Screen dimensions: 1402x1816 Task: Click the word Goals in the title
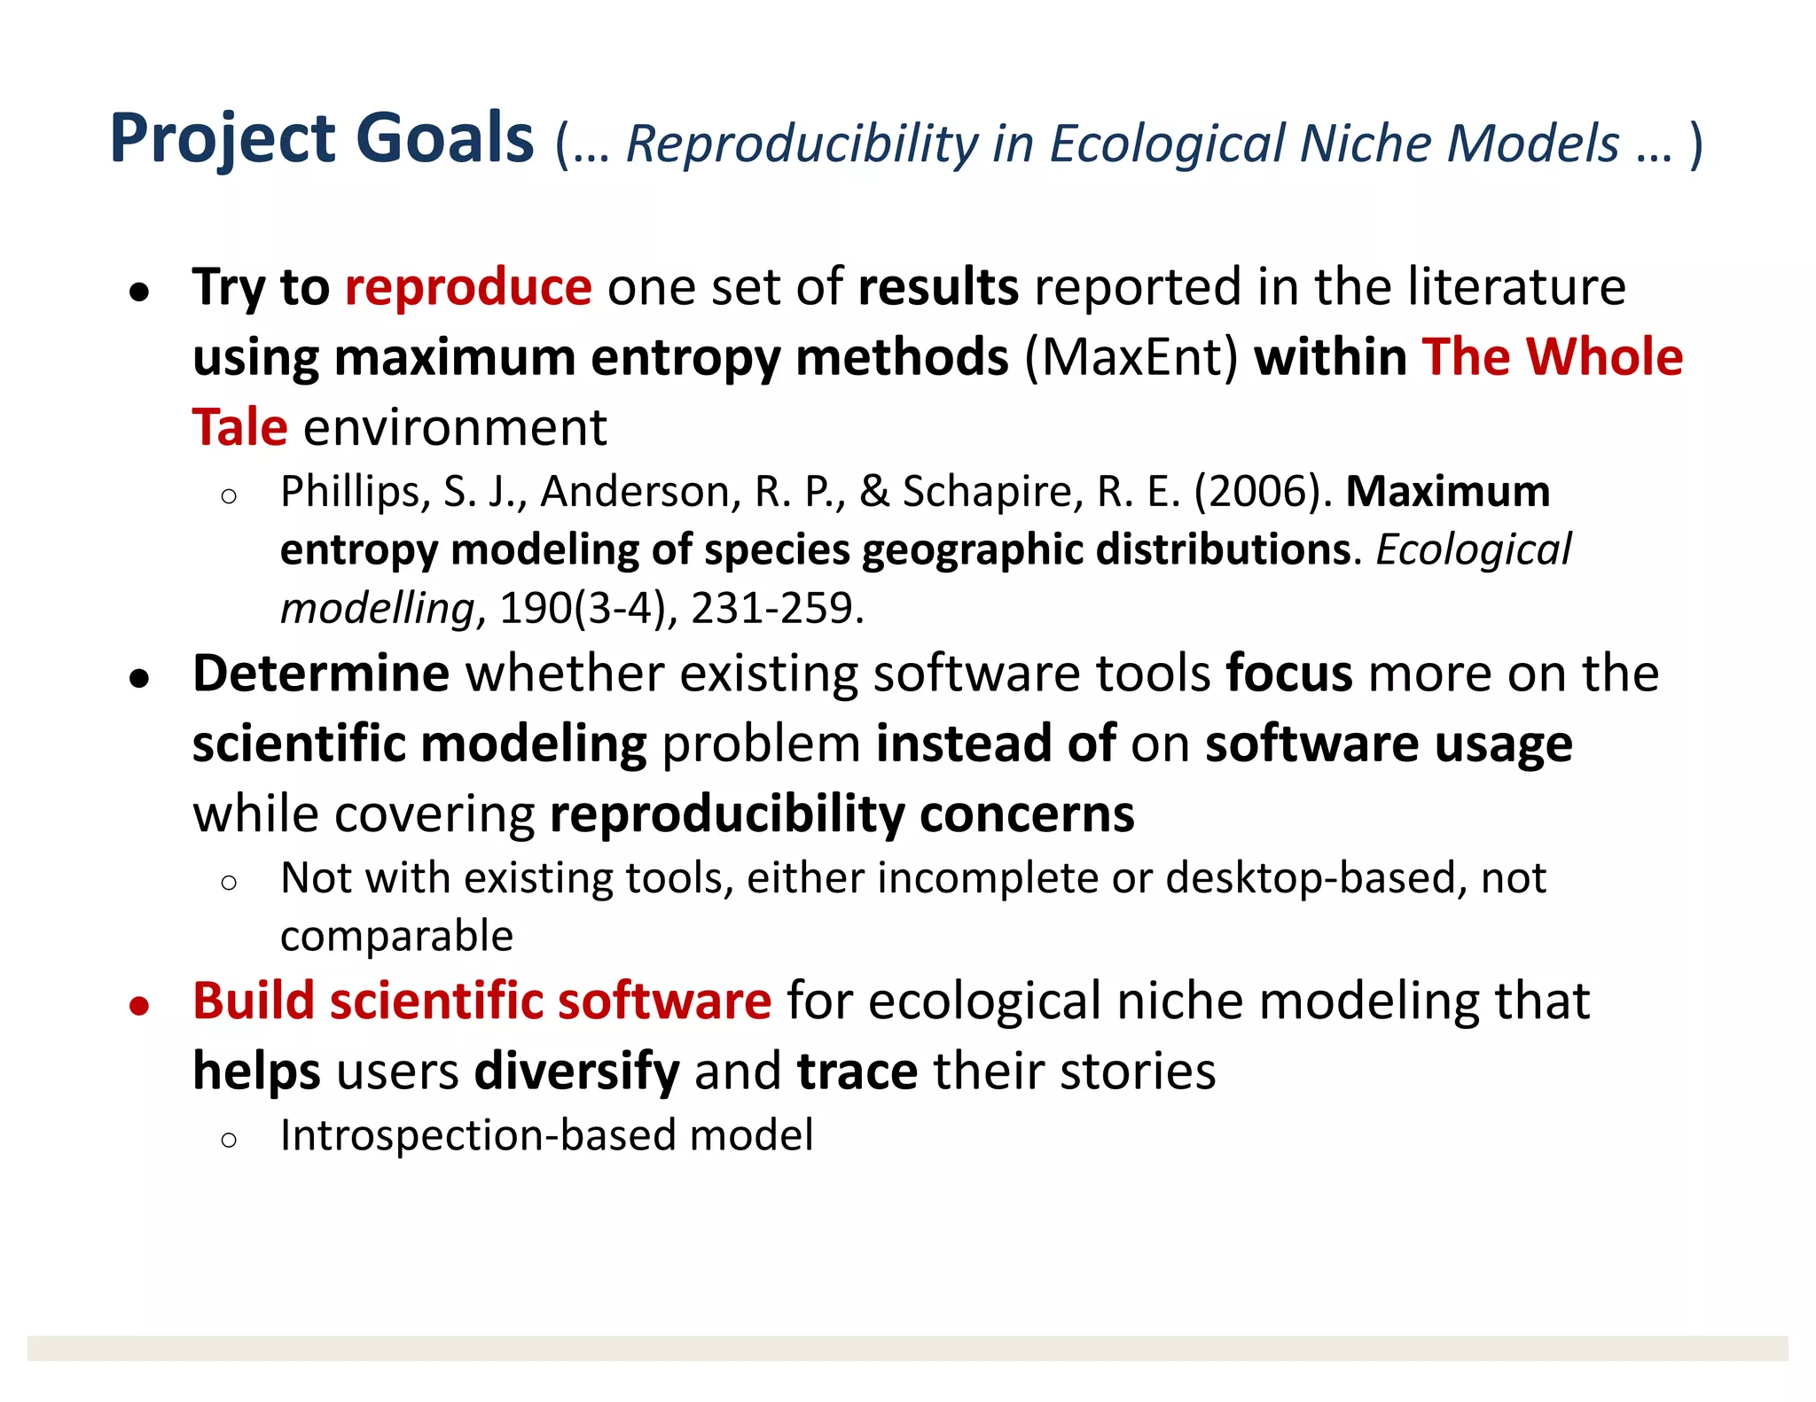tap(444, 139)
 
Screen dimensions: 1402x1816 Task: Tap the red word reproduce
tap(468, 287)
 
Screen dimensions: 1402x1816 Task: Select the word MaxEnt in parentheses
tap(1131, 357)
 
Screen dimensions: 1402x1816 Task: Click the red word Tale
tap(240, 427)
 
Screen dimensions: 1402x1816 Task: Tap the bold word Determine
tap(321, 674)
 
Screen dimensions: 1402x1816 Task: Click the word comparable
tap(396, 937)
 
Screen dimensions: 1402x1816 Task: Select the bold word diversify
tap(576, 1071)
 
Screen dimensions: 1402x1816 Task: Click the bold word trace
tap(857, 1071)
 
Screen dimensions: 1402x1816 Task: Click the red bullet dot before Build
tap(138, 1006)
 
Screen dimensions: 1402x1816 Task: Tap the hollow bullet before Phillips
tap(229, 496)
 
